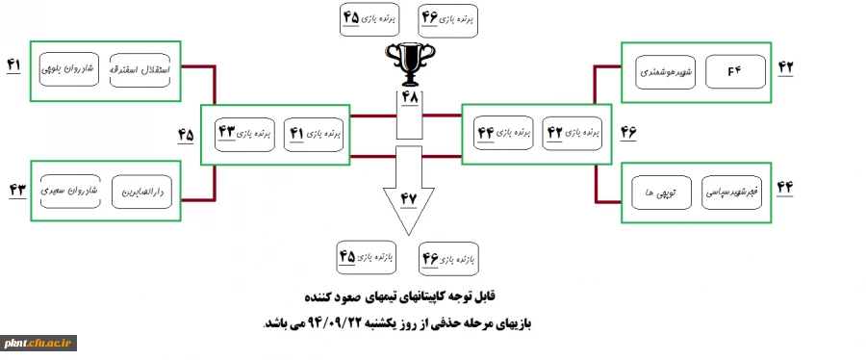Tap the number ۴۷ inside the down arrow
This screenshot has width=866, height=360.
410,198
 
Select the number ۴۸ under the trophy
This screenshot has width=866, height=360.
410,99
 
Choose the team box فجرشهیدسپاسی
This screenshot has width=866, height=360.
738,193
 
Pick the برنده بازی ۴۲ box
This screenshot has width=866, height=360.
575,131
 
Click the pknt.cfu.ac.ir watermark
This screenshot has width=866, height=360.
38,343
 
